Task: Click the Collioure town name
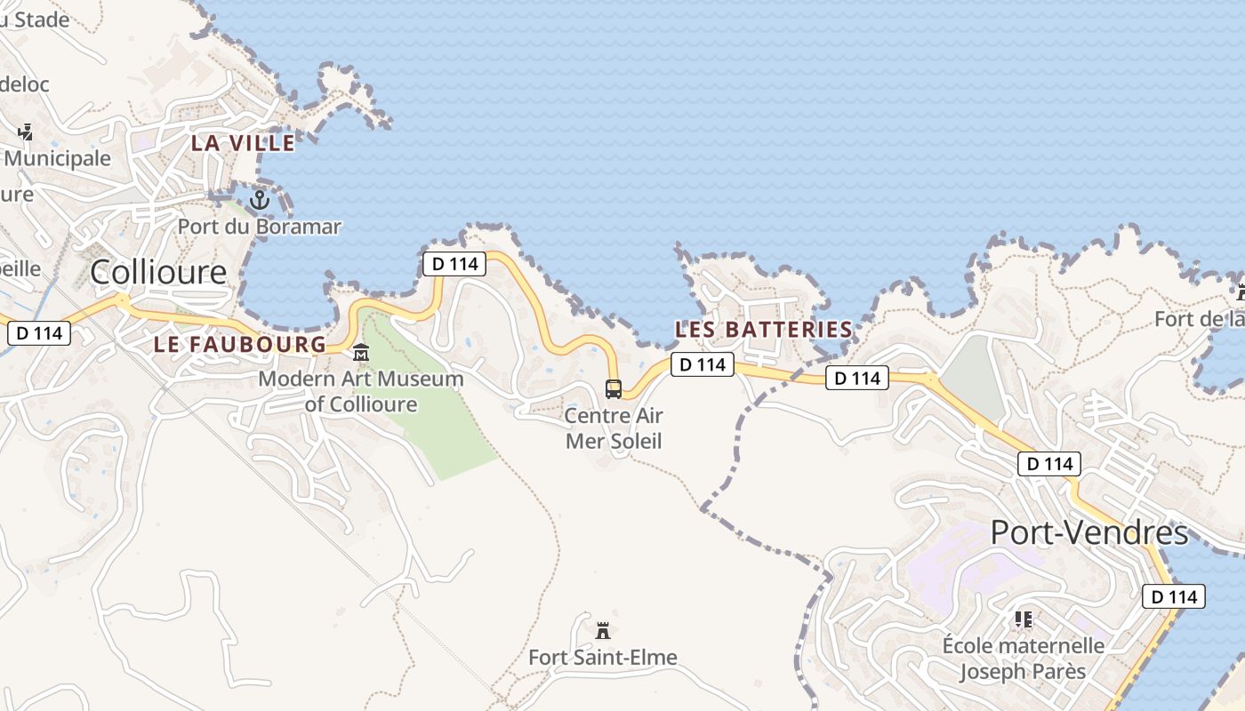tap(158, 272)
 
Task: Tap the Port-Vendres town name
tap(1088, 532)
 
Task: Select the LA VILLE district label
tap(243, 142)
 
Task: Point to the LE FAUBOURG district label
tap(240, 344)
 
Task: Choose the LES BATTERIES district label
tap(763, 329)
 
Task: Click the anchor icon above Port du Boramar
tap(259, 200)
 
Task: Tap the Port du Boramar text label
tap(259, 227)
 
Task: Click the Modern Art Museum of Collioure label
tap(361, 392)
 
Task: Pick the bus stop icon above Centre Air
tap(614, 388)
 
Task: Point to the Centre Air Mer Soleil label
tap(614, 427)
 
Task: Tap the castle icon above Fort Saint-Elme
tap(603, 631)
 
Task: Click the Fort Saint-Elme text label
tap(603, 658)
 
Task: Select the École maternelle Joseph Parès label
tap(1023, 659)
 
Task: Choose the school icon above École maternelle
tap(1023, 619)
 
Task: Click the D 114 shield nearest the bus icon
tap(702, 364)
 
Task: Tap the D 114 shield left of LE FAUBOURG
tap(39, 333)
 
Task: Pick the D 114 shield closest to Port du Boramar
tap(454, 264)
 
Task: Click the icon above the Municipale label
tap(25, 132)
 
